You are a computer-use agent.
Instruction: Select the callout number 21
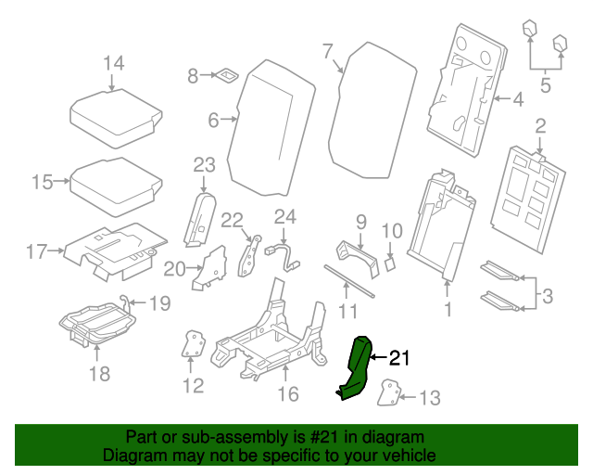(397, 357)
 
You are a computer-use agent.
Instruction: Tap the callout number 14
(113, 63)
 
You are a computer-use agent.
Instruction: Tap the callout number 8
(193, 76)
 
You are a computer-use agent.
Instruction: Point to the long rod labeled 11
(349, 279)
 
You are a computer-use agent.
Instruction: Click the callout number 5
(545, 86)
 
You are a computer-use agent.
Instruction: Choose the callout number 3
(548, 297)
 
